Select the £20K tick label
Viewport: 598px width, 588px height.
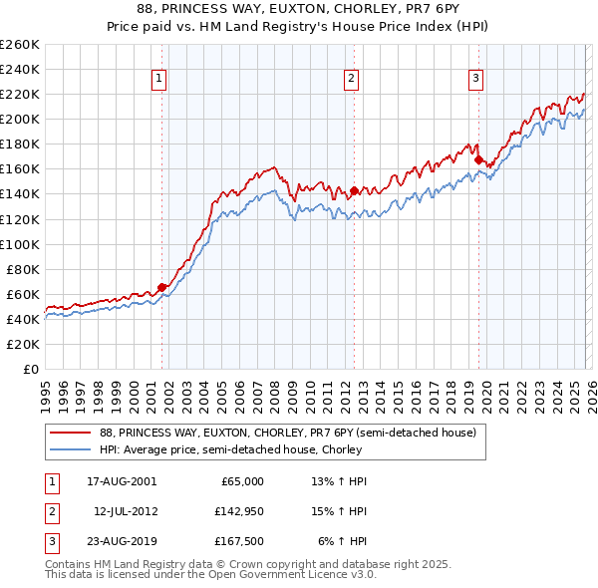pos(23,344)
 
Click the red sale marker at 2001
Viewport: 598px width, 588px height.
pos(161,287)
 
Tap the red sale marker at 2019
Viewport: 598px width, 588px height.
pos(478,159)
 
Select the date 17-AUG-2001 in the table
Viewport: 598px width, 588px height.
pos(122,481)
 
